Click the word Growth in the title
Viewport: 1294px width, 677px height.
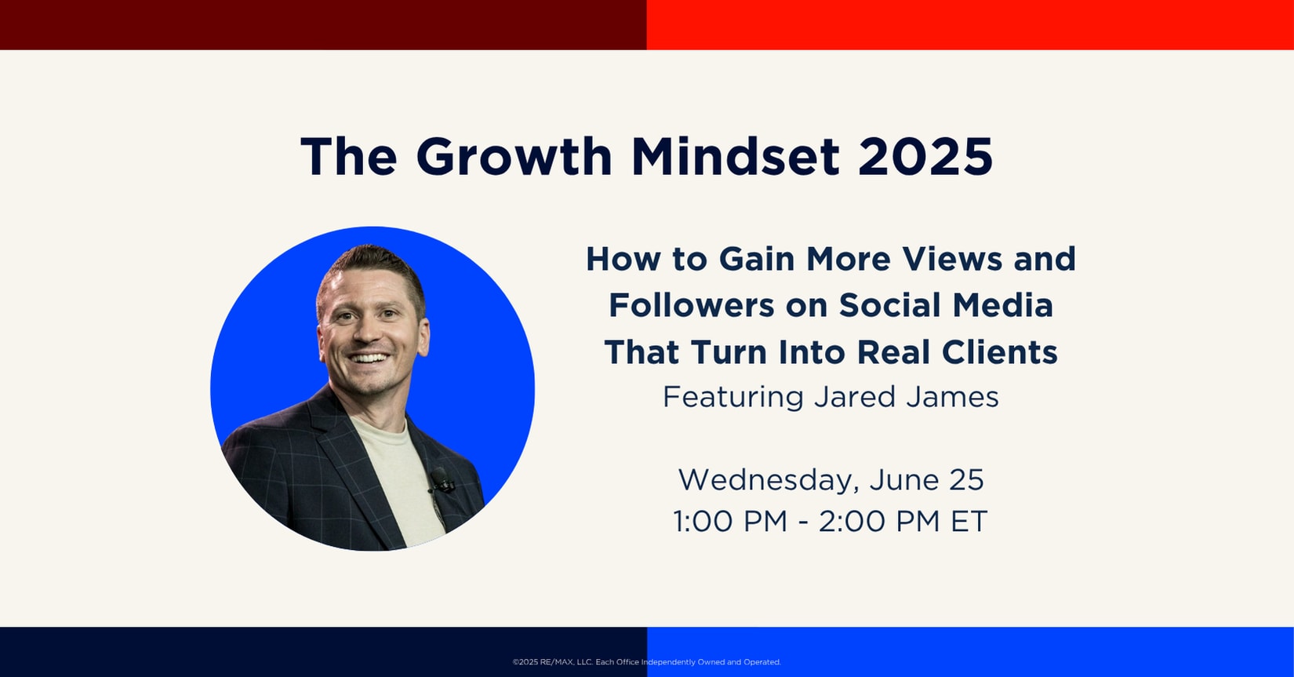(514, 157)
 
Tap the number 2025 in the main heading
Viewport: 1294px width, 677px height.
(925, 157)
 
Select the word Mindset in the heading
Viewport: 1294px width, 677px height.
(735, 157)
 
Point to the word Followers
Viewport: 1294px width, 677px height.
(691, 305)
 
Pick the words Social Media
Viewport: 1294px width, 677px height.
(947, 305)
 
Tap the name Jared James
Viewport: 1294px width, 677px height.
(906, 398)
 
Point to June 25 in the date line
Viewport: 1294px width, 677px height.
(926, 480)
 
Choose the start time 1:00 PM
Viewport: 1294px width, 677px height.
(730, 521)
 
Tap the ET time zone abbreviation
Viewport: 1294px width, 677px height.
(969, 521)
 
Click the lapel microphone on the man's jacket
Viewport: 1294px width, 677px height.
(442, 480)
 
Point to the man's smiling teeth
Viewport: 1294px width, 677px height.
(369, 359)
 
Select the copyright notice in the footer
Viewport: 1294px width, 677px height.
(646, 662)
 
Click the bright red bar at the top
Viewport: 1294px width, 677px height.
(971, 25)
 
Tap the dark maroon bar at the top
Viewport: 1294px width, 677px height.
(323, 25)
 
